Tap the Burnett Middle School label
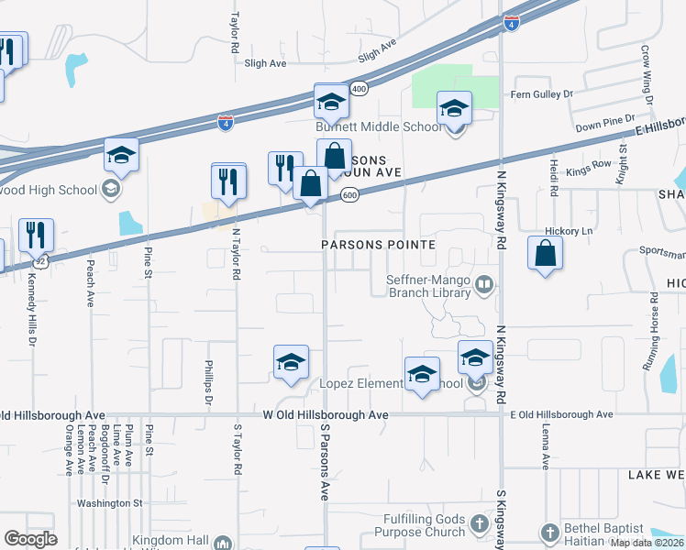pyautogui.click(x=380, y=127)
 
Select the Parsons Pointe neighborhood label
pyautogui.click(x=377, y=245)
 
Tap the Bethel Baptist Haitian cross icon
pyautogui.click(x=549, y=533)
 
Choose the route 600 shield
pyautogui.click(x=349, y=195)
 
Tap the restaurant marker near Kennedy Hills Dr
pyautogui.click(x=36, y=235)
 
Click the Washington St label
pyautogui.click(x=110, y=503)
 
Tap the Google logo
pyautogui.click(x=30, y=539)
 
